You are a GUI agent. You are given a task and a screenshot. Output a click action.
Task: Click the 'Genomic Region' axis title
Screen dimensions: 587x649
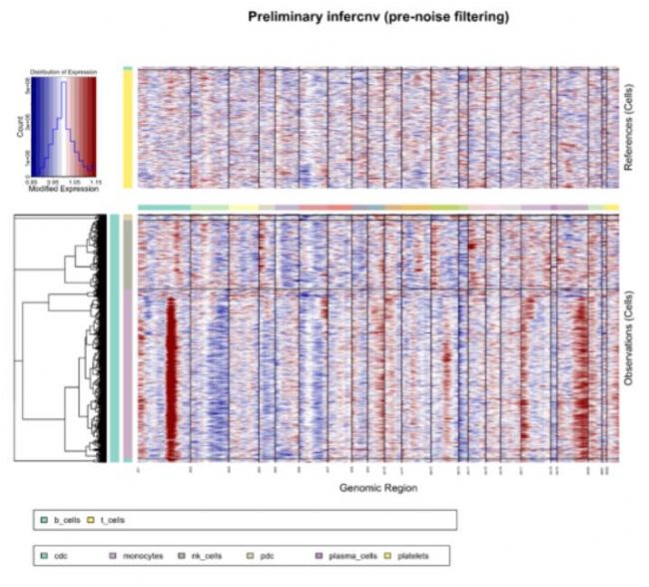tap(378, 488)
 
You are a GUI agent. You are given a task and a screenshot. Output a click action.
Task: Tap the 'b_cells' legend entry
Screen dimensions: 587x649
tap(66, 520)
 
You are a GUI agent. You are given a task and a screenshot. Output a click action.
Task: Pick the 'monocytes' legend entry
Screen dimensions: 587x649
tap(134, 553)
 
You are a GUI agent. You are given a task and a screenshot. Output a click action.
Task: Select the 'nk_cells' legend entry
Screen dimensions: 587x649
tap(204, 553)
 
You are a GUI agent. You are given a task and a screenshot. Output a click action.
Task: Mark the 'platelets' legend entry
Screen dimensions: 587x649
tap(420, 553)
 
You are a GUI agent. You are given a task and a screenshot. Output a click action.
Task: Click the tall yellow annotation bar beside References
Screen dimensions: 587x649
tap(128, 130)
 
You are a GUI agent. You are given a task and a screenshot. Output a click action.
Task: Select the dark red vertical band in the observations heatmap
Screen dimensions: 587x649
tap(170, 379)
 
